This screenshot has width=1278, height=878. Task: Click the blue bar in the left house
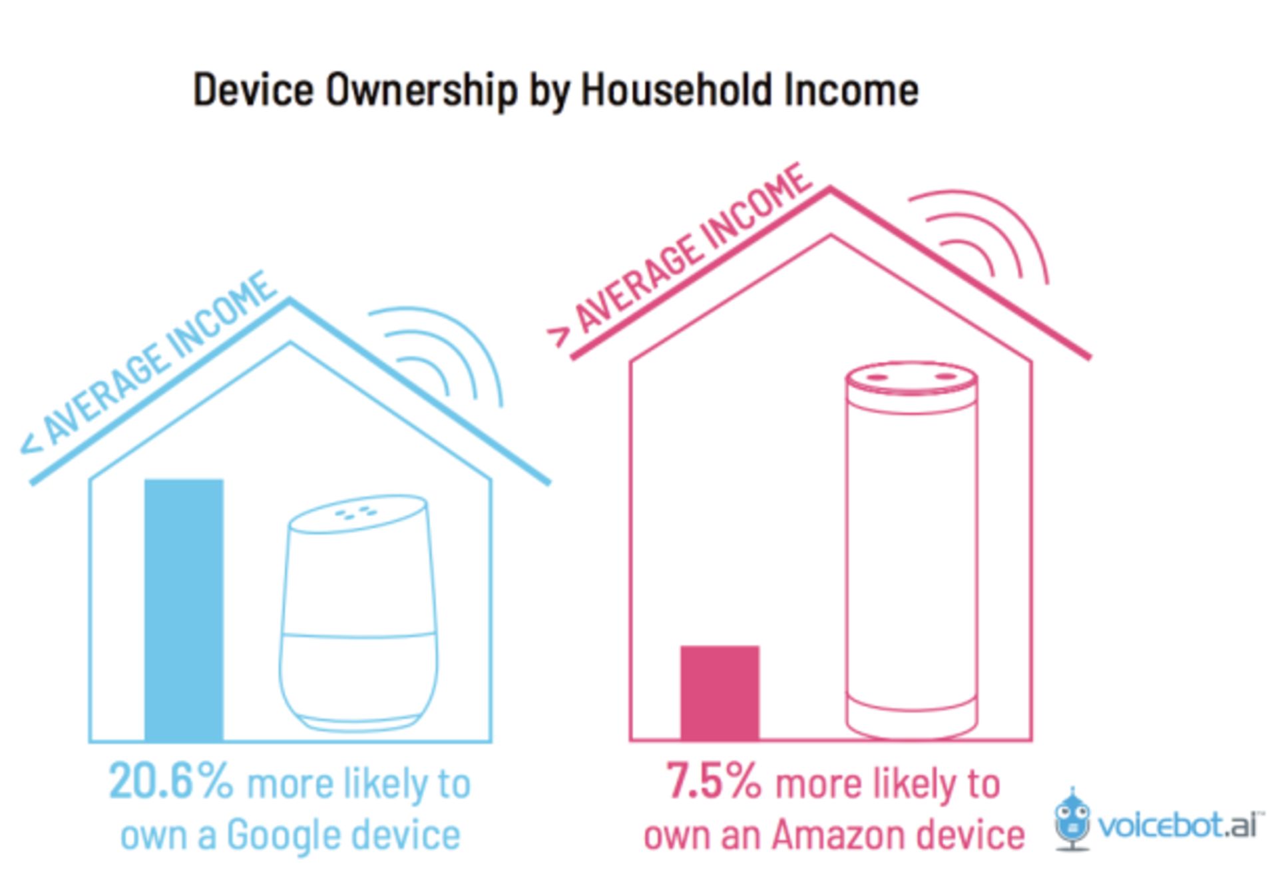point(184,609)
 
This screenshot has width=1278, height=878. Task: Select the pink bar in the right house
point(720,692)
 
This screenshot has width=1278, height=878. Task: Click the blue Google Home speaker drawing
point(359,612)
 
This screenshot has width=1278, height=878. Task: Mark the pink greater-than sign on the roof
point(559,337)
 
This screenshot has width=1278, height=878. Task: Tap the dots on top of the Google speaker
point(357,513)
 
